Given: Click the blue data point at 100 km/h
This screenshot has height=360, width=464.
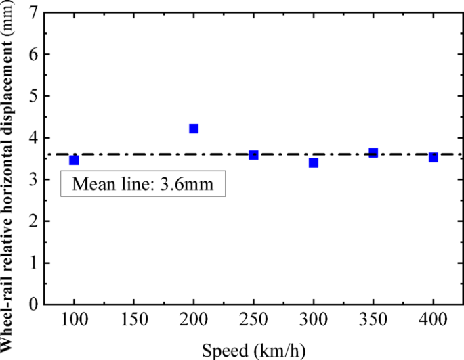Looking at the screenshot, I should (74, 160).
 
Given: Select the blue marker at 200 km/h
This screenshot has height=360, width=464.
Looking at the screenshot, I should (194, 129).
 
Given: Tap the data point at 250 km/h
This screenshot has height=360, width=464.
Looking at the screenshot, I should (254, 155).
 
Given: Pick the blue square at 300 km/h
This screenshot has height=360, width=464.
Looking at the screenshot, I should (314, 163).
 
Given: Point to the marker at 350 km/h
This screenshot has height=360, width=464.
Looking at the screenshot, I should (373, 153).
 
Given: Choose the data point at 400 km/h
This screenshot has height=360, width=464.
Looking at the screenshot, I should (434, 157).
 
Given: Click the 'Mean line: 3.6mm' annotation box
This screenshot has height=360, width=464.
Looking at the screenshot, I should (143, 184).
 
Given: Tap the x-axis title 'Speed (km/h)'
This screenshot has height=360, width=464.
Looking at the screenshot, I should (254, 350).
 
